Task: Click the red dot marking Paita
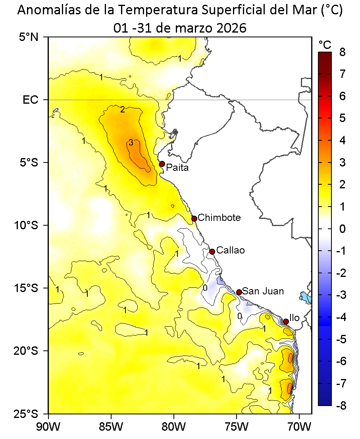pos(162,164)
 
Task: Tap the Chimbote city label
pos(219,218)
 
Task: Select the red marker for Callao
pos(212,251)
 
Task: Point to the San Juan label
pos(263,291)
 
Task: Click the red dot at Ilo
pos(286,321)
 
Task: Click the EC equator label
pos(31,100)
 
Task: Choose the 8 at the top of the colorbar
pos(342,52)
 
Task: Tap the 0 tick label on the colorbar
pos(342,229)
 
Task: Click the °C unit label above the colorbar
pos(325,44)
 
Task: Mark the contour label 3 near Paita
pos(131,143)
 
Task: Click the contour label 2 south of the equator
pos(123,109)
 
